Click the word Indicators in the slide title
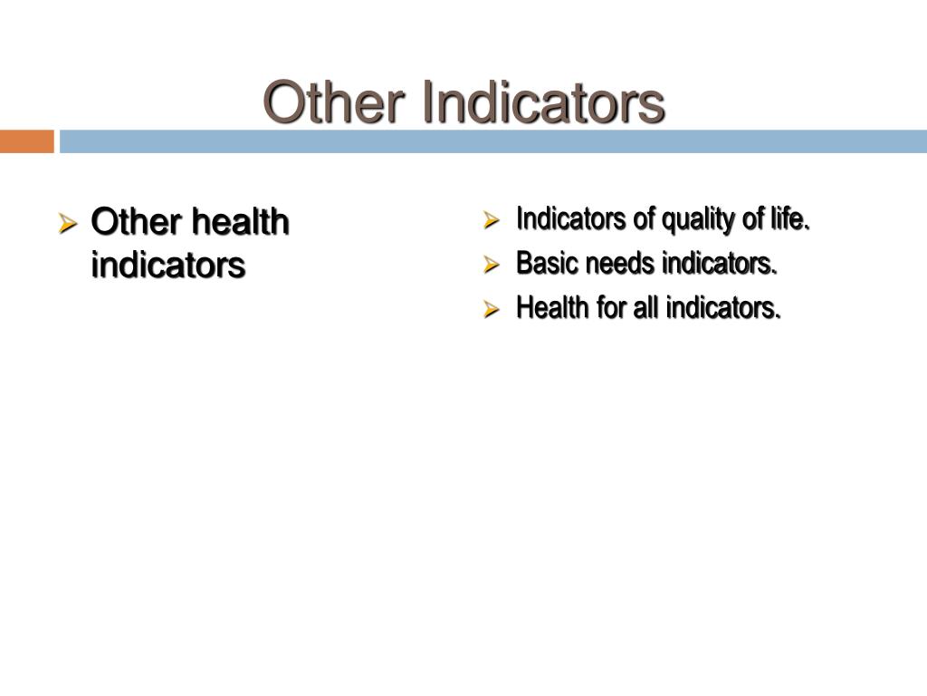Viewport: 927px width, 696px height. pos(543,102)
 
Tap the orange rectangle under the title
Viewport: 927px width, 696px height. pos(26,141)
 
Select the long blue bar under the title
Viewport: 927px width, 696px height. pos(493,141)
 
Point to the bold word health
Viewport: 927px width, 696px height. pos(240,222)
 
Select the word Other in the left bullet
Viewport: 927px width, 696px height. pos(136,222)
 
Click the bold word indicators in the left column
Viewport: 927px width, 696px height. pos(168,266)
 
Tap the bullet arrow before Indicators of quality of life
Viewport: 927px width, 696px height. pos(492,220)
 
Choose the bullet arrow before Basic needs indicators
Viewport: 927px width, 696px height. pos(492,265)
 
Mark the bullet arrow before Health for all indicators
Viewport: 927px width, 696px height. pos(492,309)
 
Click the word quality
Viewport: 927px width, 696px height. pos(693,220)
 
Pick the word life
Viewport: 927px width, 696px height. pos(791,219)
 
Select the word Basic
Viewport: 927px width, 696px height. pos(548,264)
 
